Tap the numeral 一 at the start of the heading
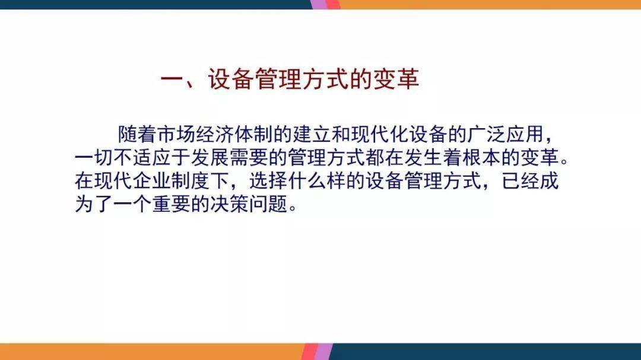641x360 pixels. point(173,79)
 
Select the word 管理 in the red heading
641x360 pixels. point(278,79)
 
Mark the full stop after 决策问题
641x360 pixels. point(293,208)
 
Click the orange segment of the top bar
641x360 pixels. point(489,5)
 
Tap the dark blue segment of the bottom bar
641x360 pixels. point(485,352)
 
